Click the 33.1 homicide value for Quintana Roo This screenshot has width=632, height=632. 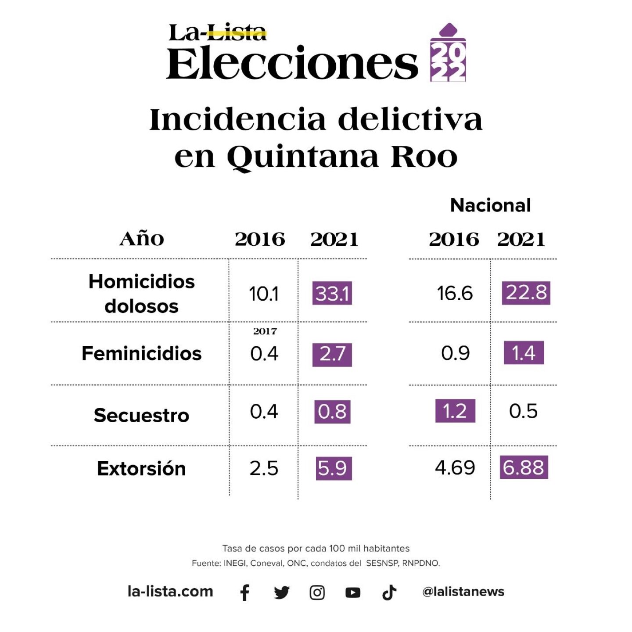coord(332,294)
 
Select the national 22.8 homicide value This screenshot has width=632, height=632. coord(526,293)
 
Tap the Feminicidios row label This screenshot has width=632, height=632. coord(141,353)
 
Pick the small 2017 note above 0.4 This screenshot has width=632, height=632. coord(265,331)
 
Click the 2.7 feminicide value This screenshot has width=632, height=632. coord(332,354)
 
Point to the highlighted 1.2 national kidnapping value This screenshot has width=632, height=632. coord(455,411)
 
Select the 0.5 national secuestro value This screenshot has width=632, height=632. coord(523,411)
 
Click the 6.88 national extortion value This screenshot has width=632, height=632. coord(524,467)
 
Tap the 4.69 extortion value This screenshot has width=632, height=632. coord(455,468)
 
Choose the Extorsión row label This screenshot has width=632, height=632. coord(141,468)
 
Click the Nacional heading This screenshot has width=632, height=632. coord(490,205)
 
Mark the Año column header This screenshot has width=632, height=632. coord(142,239)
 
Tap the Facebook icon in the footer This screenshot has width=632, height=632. coord(245,592)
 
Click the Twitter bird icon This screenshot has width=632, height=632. coord(281,592)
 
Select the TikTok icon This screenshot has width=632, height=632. coord(389,592)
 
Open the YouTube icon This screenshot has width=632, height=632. coord(353,593)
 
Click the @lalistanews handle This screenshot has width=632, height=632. coord(463,592)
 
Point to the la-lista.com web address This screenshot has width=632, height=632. coord(170,592)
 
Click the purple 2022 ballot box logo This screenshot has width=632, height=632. coord(448,54)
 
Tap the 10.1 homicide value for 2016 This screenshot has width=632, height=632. coord(263,294)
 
